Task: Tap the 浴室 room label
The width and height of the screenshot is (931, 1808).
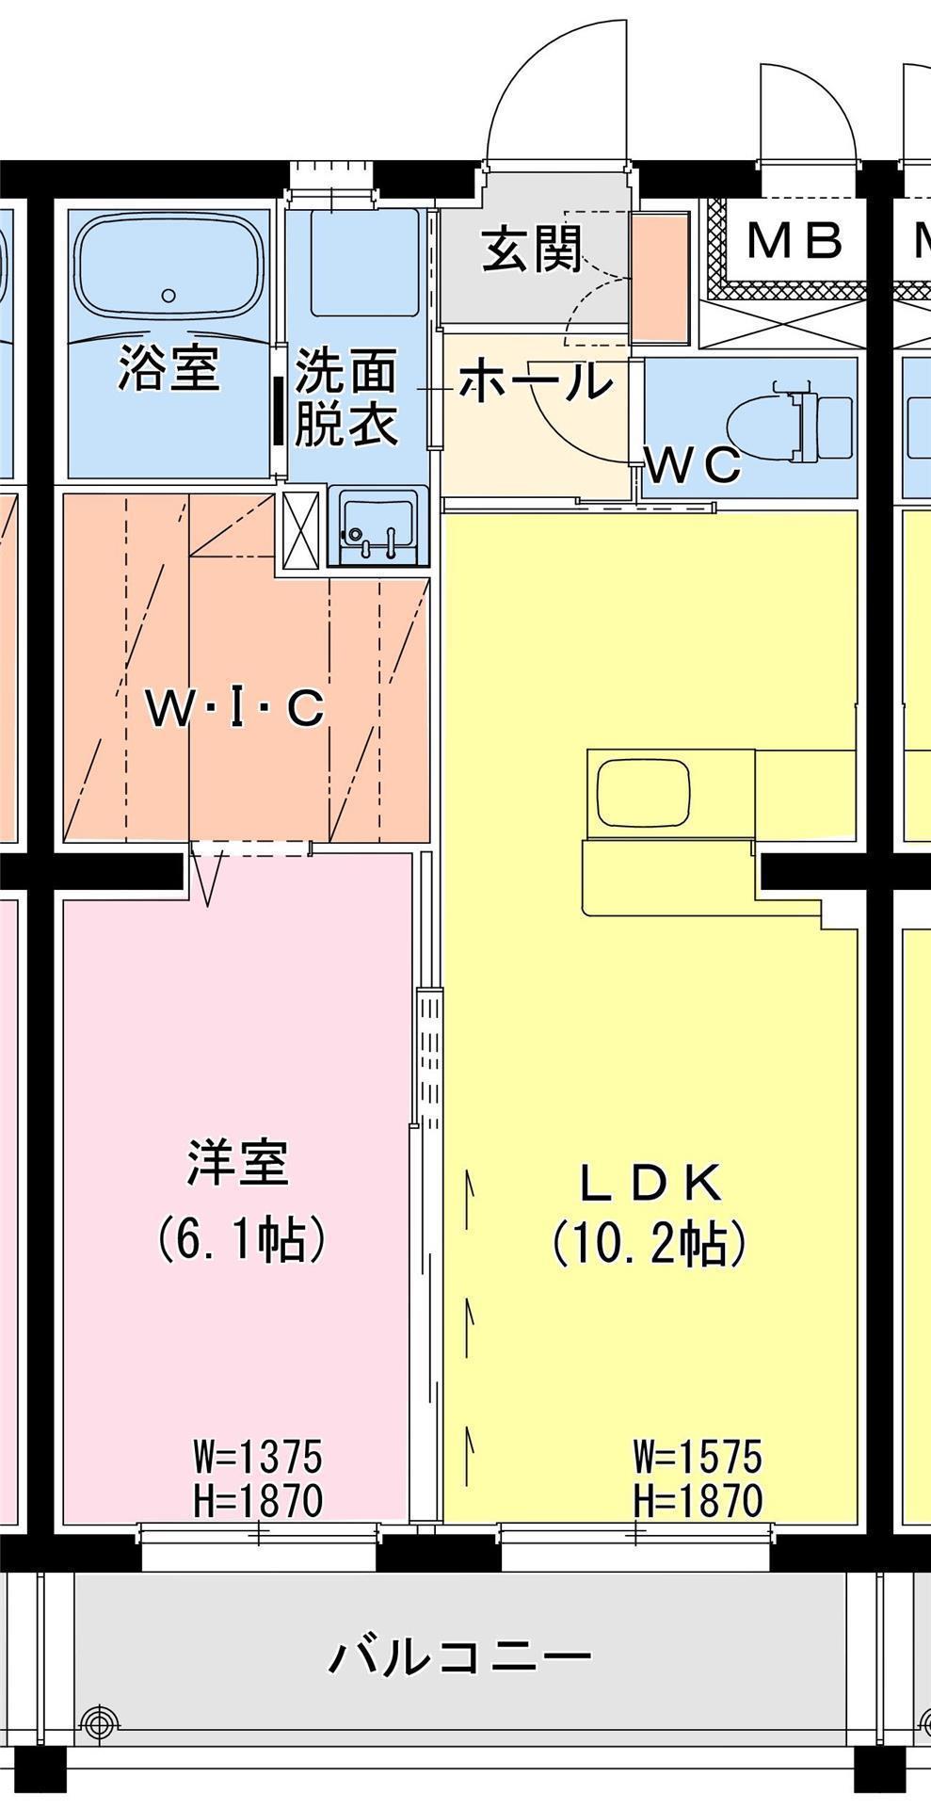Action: [169, 368]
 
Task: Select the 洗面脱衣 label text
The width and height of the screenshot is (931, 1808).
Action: [346, 397]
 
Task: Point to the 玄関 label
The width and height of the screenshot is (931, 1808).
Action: [533, 250]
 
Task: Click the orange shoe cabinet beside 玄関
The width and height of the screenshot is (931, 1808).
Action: [659, 279]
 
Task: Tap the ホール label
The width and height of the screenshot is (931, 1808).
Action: [536, 382]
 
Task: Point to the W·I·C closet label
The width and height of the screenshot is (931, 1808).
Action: [236, 709]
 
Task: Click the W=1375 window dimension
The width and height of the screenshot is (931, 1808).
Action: [258, 1457]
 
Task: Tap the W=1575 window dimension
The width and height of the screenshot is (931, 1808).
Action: [698, 1458]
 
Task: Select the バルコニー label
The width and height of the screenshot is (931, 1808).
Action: [460, 1655]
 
